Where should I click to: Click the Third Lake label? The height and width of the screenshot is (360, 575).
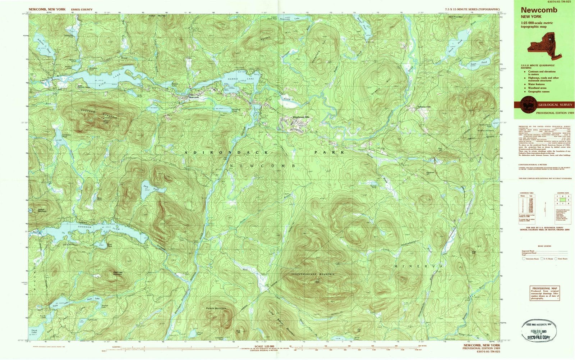(34, 331)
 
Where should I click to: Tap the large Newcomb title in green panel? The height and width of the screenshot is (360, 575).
(534, 10)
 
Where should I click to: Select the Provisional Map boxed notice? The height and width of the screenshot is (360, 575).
(545, 293)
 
